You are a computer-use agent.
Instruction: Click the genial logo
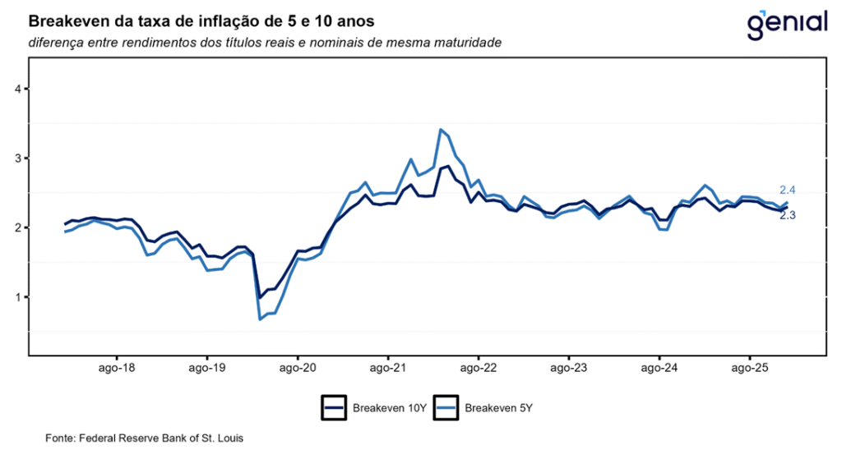click(x=786, y=25)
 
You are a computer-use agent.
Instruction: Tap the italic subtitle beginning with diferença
click(x=264, y=42)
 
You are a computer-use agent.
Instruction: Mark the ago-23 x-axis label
click(x=568, y=369)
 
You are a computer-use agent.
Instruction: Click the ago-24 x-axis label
click(x=659, y=369)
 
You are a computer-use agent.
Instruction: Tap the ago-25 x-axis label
click(x=749, y=369)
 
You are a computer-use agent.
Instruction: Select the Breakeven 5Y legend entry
click(x=484, y=407)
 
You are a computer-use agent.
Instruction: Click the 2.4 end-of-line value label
click(x=787, y=190)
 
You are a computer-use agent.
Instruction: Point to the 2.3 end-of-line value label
click(x=787, y=215)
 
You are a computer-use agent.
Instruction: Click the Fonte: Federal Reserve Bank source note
click(x=144, y=438)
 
